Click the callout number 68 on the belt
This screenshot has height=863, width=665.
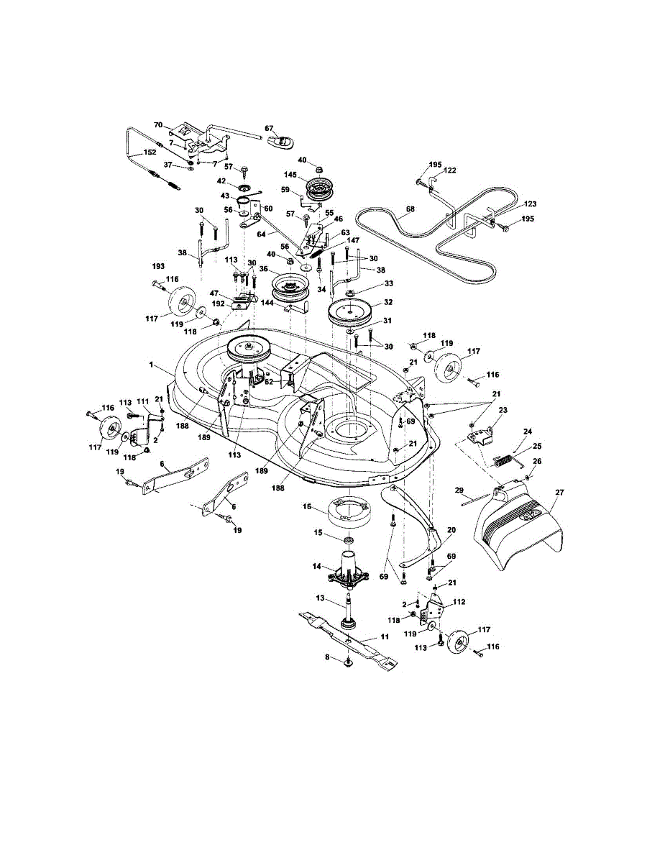click(x=410, y=210)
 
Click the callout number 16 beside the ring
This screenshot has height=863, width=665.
click(x=307, y=507)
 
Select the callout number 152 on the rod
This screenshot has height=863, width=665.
click(x=150, y=152)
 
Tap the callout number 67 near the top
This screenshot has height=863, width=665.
click(x=270, y=129)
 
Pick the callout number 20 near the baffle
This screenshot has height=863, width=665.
click(x=451, y=529)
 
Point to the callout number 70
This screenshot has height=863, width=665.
click(x=159, y=124)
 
